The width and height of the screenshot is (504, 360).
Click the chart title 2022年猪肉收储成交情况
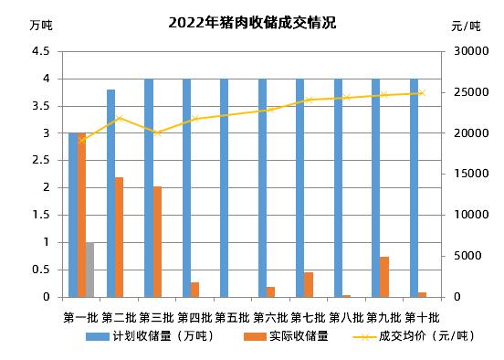tap(252, 23)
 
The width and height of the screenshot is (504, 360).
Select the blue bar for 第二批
tap(110, 193)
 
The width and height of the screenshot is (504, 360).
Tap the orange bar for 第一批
tap(81, 215)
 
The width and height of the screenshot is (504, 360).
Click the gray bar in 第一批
tap(89, 270)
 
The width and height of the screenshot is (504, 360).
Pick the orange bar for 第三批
tap(157, 241)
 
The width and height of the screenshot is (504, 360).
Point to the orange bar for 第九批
tap(384, 277)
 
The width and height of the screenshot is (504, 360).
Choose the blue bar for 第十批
tap(414, 187)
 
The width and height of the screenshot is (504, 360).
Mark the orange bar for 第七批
tap(309, 284)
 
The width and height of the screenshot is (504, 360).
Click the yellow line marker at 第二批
tap(120, 118)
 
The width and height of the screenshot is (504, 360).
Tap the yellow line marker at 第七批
tap(309, 100)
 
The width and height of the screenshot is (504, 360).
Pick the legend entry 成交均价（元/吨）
tap(407, 335)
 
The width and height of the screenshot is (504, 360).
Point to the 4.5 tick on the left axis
tap(40, 51)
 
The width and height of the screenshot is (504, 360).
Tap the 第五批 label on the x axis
tap(233, 317)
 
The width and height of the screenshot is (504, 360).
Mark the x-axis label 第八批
tap(346, 317)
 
